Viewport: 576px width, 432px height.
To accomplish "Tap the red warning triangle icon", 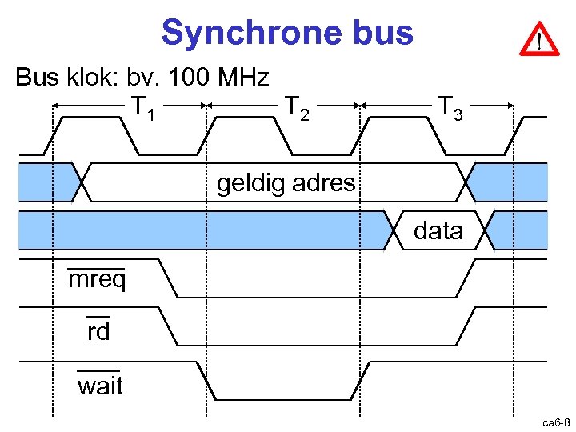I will pyautogui.click(x=540, y=38).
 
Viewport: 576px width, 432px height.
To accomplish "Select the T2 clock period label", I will pyautogui.click(x=298, y=106).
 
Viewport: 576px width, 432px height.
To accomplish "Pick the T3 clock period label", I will pyautogui.click(x=450, y=106).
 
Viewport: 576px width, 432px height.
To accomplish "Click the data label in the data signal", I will pyautogui.click(x=438, y=231).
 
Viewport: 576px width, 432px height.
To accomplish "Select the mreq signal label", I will pyautogui.click(x=97, y=281).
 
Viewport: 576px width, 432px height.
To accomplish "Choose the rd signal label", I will pyautogui.click(x=98, y=331).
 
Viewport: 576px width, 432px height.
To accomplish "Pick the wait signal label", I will pyautogui.click(x=100, y=386).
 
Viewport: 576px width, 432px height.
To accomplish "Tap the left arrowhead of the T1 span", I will pyautogui.click(x=57, y=105).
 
